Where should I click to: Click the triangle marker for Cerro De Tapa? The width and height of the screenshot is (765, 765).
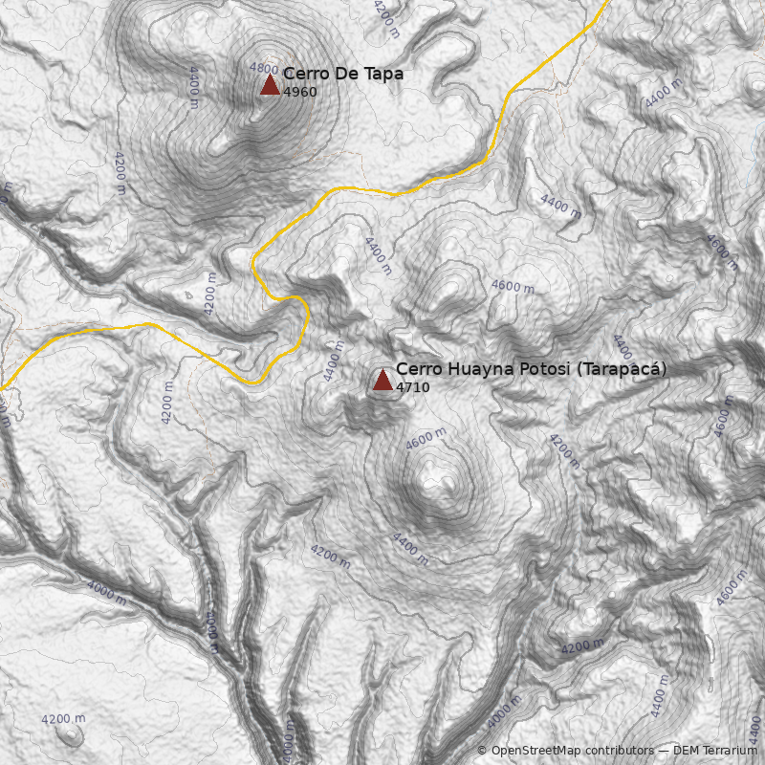point(270,85)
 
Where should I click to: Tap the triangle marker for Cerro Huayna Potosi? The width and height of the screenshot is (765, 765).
point(382,380)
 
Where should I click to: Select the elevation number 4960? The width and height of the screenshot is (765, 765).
point(299,92)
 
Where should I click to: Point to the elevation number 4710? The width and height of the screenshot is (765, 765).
point(412,387)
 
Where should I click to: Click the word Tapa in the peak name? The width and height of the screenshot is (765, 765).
point(383,74)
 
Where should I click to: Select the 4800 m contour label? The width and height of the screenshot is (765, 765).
point(265,68)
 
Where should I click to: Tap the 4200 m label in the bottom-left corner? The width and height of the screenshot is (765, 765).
point(63,718)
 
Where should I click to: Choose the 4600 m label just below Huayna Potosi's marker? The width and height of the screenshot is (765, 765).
point(426,439)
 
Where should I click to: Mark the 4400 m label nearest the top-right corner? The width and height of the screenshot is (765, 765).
point(664,93)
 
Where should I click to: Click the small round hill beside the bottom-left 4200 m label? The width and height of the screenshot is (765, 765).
point(69,734)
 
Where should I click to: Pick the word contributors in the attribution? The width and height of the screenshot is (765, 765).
point(622,751)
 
